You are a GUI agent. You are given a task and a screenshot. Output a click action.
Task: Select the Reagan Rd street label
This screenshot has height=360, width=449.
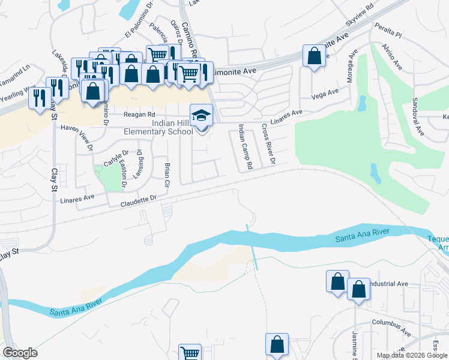tap(139, 114)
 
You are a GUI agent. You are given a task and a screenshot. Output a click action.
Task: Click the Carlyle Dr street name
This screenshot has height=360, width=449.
tap(116, 158)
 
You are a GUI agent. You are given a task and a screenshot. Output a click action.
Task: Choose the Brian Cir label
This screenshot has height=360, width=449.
tap(167, 172)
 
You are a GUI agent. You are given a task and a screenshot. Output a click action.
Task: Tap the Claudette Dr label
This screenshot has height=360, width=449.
tap(138, 197)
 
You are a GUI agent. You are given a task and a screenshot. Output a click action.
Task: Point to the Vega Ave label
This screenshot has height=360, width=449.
tap(325, 93)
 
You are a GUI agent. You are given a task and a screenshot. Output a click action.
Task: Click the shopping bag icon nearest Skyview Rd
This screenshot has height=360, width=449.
tap(314, 56)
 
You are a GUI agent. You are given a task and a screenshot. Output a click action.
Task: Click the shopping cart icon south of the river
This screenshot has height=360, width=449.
tap(190, 353)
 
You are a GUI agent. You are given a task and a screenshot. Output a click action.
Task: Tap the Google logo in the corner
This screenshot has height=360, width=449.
tap(20, 353)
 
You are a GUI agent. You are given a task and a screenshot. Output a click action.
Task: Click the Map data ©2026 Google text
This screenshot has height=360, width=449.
tap(411, 355)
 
